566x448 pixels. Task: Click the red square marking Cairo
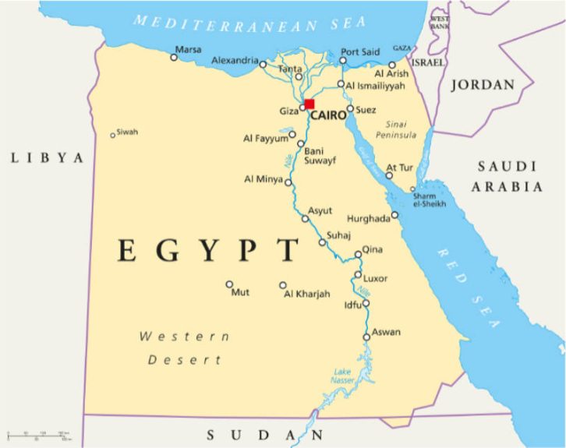coord(310,104)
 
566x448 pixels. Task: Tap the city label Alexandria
coord(235,61)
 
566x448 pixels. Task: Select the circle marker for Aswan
coord(366,337)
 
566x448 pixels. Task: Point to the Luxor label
coord(375,278)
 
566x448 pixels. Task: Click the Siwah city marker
coord(112,136)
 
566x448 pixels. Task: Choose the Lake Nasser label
coord(343,376)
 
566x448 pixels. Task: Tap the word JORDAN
coord(483,85)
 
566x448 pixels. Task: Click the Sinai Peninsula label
coord(402,129)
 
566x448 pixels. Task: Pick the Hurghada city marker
coord(394,215)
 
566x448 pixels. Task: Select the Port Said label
coord(359,51)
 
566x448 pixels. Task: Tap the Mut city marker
coord(229,284)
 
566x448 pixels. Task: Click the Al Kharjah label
coord(306,294)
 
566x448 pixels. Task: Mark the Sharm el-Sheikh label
coord(430,199)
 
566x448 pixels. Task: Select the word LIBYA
coord(47,158)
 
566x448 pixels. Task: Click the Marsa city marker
coord(174,56)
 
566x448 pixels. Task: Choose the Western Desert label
coord(185,348)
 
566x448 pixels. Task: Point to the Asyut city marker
coord(306,219)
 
